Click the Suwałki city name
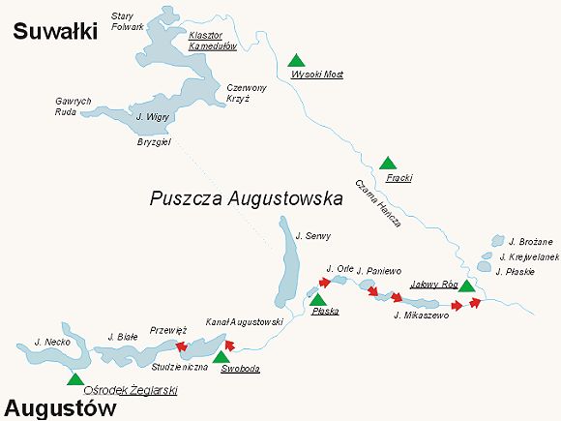(56, 32)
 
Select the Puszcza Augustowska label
(247, 199)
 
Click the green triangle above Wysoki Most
(296, 60)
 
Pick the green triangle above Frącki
(388, 164)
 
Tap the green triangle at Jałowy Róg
(466, 286)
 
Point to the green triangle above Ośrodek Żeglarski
(74, 377)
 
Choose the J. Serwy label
(311, 235)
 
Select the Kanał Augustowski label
(244, 321)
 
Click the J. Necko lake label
(48, 343)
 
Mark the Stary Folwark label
(127, 21)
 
